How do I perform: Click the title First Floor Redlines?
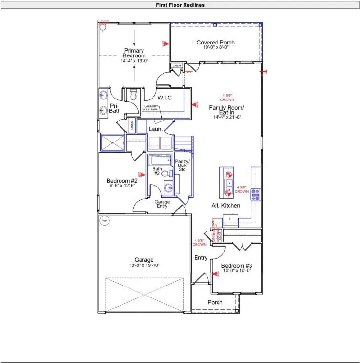coord(180,5)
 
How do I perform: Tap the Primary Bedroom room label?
coord(134,53)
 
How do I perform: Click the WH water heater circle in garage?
coord(105,220)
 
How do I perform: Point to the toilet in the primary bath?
coord(133,95)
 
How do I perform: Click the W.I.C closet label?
coord(165,98)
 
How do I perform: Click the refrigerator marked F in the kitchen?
coord(230,220)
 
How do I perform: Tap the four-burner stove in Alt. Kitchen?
coord(256,194)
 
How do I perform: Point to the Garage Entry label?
coord(162,205)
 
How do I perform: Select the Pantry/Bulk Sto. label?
coord(182,165)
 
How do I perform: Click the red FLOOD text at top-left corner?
coord(102,22)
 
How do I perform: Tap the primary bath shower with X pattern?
coord(112,143)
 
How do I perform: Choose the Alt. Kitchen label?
coord(226,206)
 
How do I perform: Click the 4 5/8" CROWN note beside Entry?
coord(199,242)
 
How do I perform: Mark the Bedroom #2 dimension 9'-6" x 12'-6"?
coord(122,187)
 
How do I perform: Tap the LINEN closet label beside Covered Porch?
coord(176,66)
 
